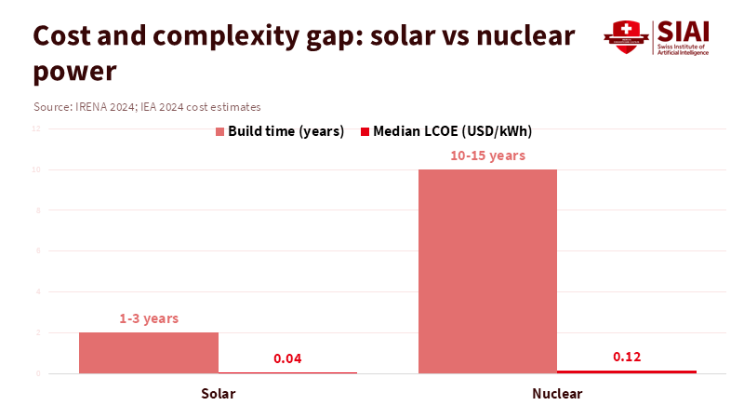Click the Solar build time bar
[x=149, y=353]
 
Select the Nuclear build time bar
[x=487, y=271]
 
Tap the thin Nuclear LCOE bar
[x=627, y=372]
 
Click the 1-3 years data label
[x=149, y=318]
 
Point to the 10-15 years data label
[x=487, y=155]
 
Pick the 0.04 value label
[x=287, y=358]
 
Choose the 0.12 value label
[x=627, y=357]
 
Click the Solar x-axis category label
[x=218, y=394]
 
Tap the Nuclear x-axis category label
[x=557, y=394]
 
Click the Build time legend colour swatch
[x=220, y=131]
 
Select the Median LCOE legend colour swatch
[x=365, y=131]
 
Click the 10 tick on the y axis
[x=34, y=169]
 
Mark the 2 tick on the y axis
[x=36, y=332]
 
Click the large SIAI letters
[x=683, y=30]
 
